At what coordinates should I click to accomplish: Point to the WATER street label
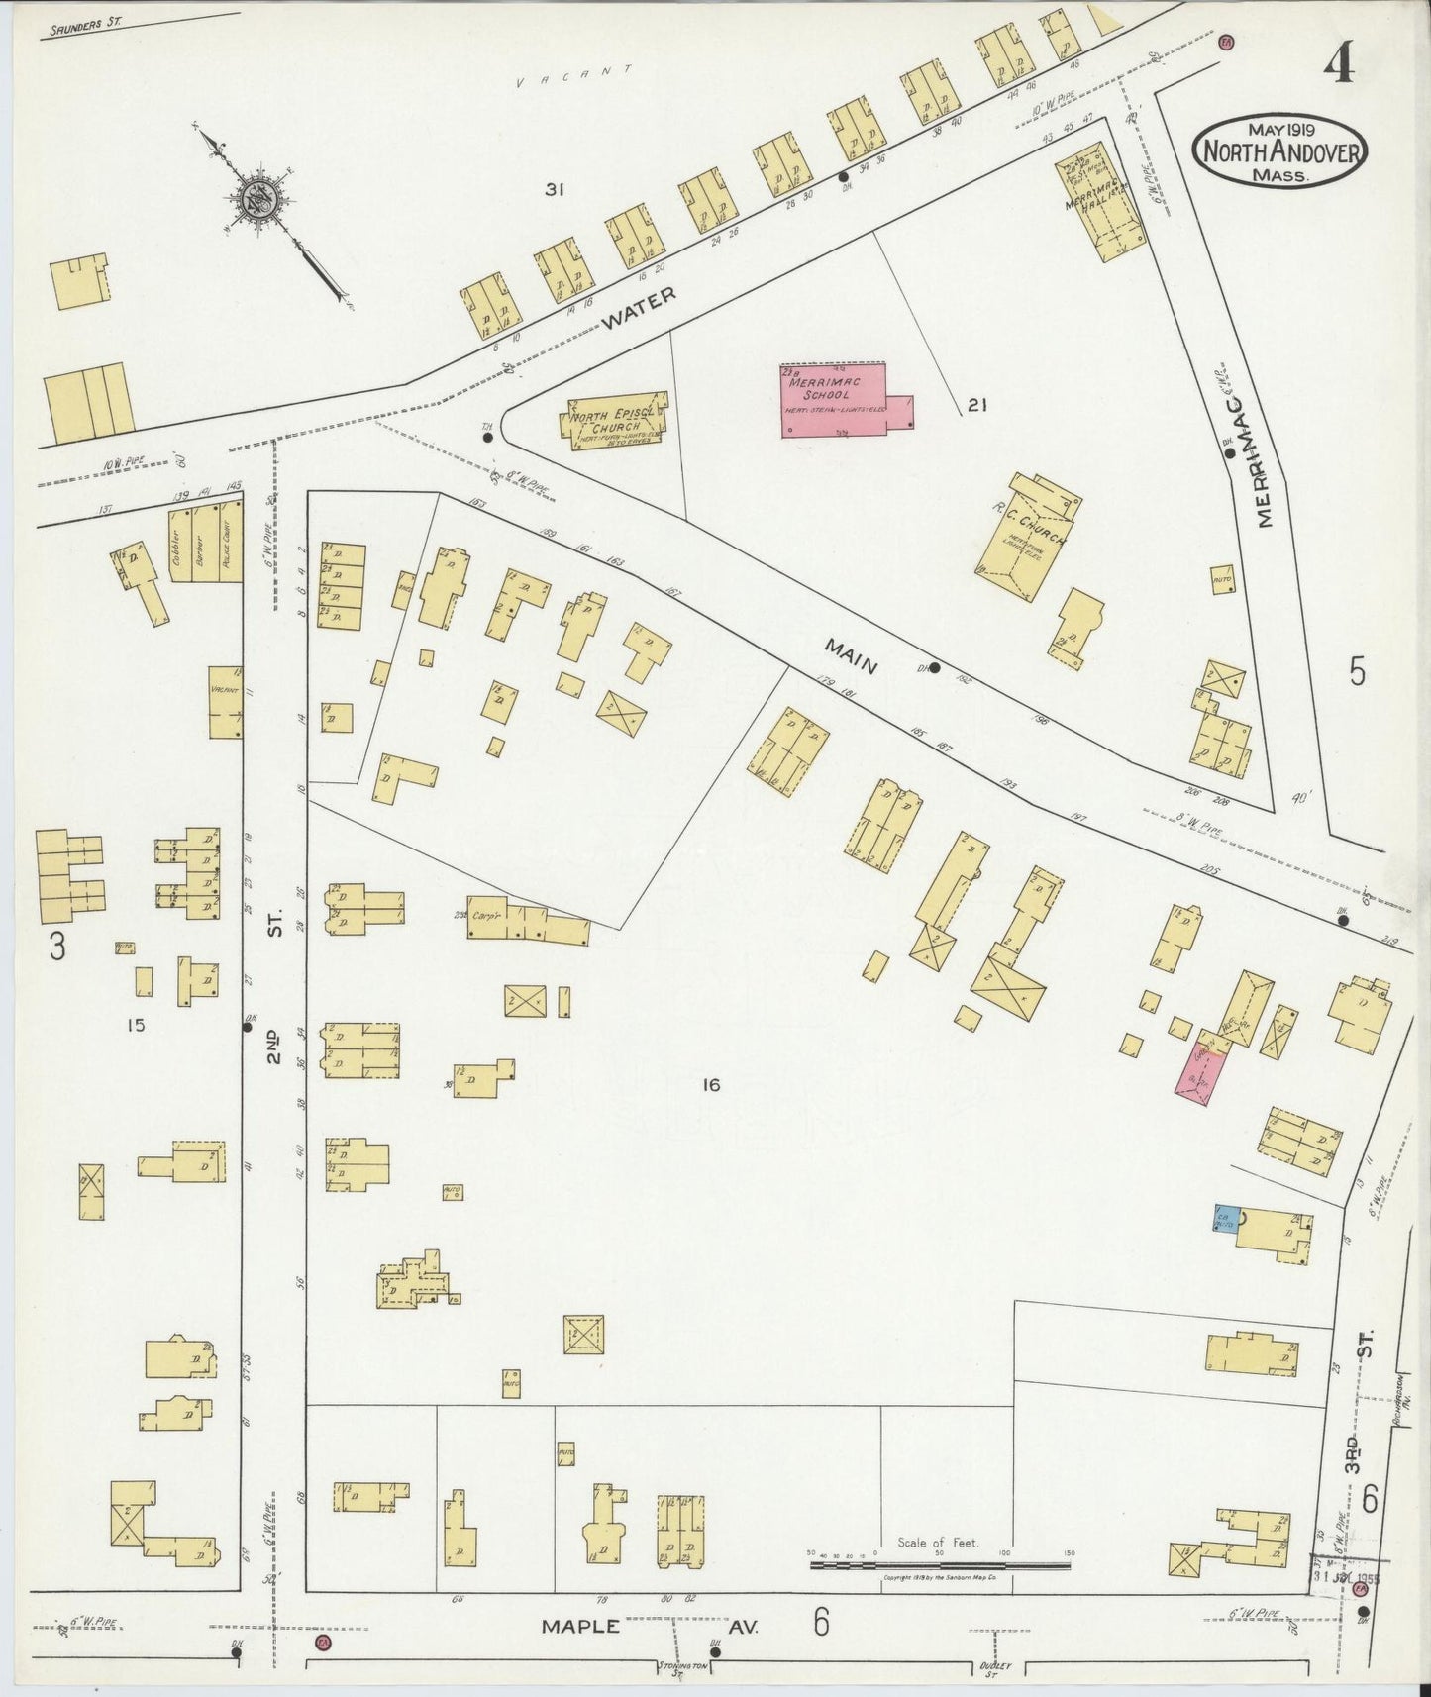point(640,307)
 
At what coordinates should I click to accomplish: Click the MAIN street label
point(852,656)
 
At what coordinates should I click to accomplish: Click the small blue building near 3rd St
point(1224,1217)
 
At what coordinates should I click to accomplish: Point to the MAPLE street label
point(581,1626)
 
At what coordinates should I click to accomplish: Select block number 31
point(554,190)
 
